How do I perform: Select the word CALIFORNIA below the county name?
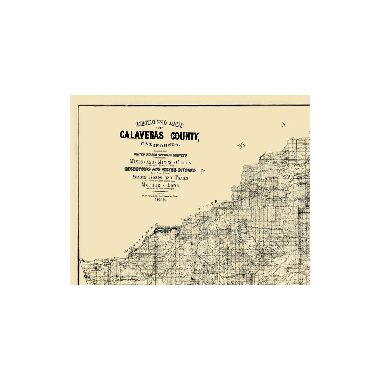[160, 144]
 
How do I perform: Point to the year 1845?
[160, 200]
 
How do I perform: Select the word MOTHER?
[150, 185]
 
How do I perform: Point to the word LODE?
[172, 185]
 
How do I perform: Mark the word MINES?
[137, 162]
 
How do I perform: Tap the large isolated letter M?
[241, 146]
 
